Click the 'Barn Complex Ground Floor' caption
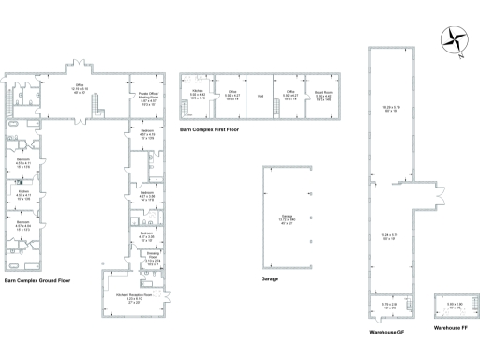coord(38,279)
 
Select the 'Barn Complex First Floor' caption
coord(210,130)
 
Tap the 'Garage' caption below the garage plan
coord(273,278)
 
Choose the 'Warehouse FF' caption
coord(448,329)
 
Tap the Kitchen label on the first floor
coord(198,95)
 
